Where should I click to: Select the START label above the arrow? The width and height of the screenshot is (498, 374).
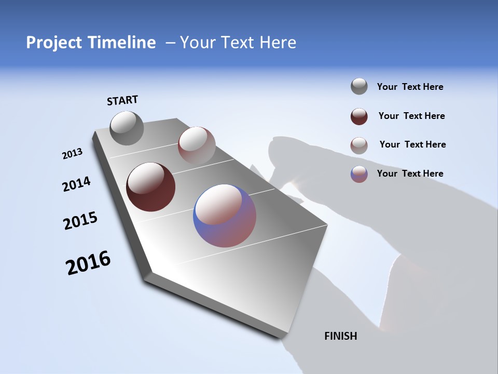pos(122,100)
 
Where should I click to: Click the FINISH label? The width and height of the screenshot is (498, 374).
pos(341,336)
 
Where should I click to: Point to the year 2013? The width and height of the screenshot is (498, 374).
pos(73,154)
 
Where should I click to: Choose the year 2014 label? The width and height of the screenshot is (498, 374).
pos(76,184)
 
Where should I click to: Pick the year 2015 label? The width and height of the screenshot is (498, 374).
pos(80,221)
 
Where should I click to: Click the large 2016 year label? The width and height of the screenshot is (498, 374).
pos(88,263)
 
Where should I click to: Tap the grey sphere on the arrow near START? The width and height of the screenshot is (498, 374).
pos(127,128)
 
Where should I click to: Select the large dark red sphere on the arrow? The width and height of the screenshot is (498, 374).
pos(150,187)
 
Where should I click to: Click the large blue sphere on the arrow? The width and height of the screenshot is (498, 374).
pos(225,215)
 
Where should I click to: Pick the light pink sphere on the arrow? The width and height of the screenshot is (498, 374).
pos(197,145)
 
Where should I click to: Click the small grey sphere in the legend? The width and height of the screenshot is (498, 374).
pos(359,86)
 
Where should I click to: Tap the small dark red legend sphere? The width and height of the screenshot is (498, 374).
pos(359,116)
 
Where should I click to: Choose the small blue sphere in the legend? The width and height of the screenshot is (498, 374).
pos(359,174)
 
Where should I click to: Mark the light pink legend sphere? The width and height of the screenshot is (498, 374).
pos(359,145)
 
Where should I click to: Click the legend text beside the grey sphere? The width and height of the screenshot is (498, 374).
pos(410,87)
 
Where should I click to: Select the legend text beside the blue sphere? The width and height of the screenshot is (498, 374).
pos(410,173)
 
